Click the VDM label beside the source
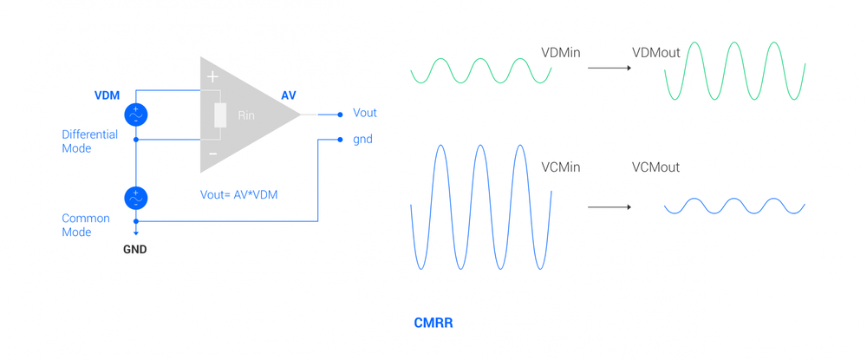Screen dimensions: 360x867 (x=107, y=95)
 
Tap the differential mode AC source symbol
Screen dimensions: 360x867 (x=136, y=115)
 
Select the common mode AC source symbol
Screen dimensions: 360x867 (x=136, y=198)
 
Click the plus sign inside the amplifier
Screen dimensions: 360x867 (x=212, y=77)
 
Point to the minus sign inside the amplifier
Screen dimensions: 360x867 (x=212, y=154)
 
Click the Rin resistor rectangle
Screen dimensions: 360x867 (x=220, y=115)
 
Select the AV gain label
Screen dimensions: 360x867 (x=289, y=95)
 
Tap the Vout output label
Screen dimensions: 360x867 (x=364, y=113)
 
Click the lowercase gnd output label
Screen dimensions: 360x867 (x=362, y=139)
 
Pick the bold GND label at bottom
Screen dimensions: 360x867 (x=135, y=249)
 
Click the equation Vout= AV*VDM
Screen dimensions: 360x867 (x=239, y=195)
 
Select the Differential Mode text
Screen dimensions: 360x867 (x=89, y=141)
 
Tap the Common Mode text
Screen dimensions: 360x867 (x=86, y=225)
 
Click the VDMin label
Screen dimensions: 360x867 (x=560, y=53)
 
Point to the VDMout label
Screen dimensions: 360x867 (x=656, y=53)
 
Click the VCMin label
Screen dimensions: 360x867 (x=560, y=167)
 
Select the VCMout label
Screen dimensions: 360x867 (x=655, y=167)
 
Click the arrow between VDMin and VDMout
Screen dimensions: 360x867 (x=610, y=68)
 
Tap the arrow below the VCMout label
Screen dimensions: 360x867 (x=610, y=207)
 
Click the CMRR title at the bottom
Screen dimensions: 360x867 (x=433, y=323)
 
